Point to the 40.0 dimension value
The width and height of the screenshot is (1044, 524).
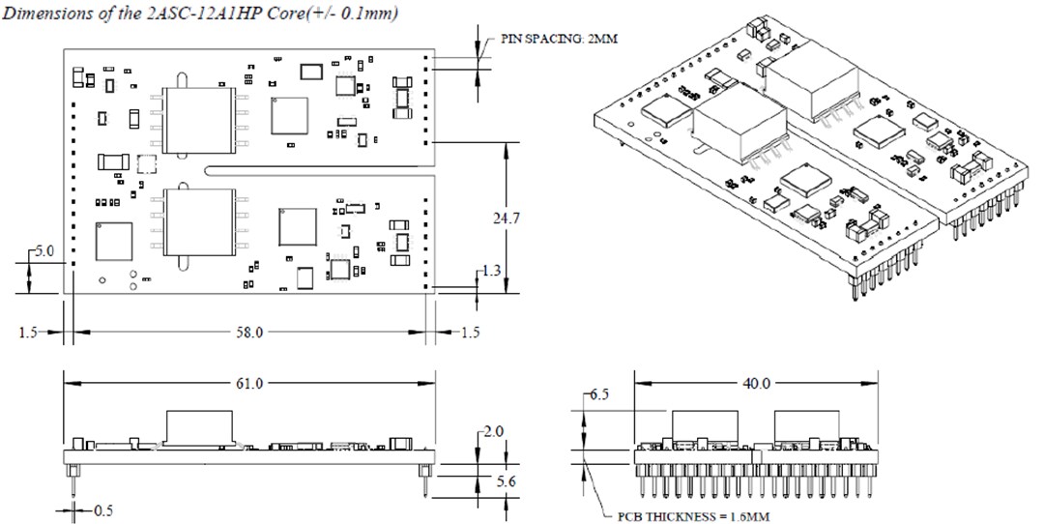pyautogui.click(x=755, y=384)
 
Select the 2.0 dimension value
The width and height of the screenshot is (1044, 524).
pyautogui.click(x=493, y=432)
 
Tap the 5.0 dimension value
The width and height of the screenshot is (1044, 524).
pyautogui.click(x=45, y=250)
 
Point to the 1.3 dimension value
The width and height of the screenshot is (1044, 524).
pyautogui.click(x=493, y=272)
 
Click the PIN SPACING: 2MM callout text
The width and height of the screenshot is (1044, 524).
pyautogui.click(x=558, y=38)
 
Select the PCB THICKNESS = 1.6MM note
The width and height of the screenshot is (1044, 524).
pyautogui.click(x=693, y=515)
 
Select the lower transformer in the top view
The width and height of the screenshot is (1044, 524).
pyautogui.click(x=200, y=223)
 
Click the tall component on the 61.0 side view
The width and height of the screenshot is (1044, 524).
pyautogui.click(x=200, y=427)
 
